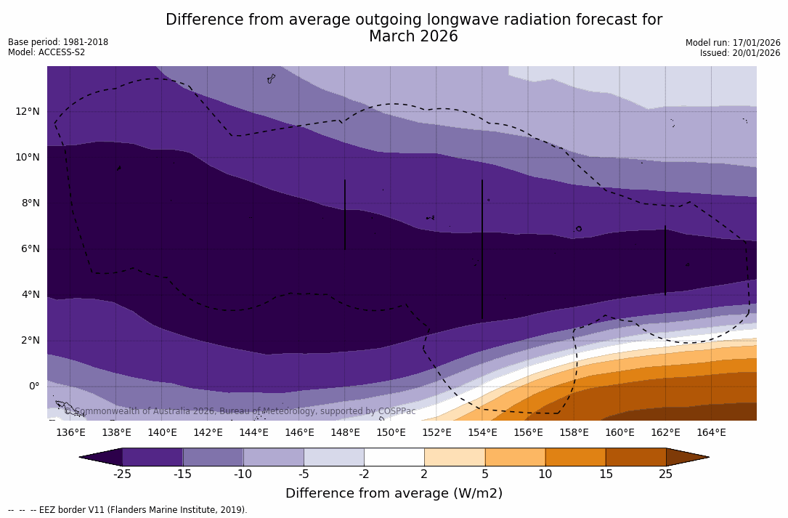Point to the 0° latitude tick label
tap(34, 386)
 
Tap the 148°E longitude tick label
tap(345, 432)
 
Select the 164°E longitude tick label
tap(711, 432)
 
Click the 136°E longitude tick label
tap(70, 432)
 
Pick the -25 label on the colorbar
tap(122, 474)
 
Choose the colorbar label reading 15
tap(606, 474)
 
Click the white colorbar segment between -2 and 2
tap(394, 457)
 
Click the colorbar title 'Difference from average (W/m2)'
tap(394, 493)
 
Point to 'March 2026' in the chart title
tap(413, 36)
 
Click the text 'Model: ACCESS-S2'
tap(46, 52)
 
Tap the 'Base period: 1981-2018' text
tap(58, 42)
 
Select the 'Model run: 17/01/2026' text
tap(733, 43)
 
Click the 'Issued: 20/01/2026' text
tap(740, 53)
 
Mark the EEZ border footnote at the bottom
tap(128, 510)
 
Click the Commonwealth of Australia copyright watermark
tap(240, 411)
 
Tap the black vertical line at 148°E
tap(345, 214)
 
